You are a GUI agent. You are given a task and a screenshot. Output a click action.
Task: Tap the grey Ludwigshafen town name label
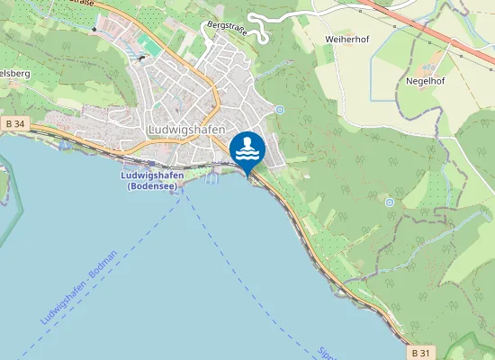(185, 130)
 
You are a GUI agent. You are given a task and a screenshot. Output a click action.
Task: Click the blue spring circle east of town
(280, 110)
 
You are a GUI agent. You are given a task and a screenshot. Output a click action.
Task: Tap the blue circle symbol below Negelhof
(389, 202)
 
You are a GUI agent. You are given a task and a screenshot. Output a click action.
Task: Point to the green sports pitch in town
(146, 42)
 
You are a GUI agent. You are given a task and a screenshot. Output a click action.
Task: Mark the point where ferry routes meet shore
(186, 190)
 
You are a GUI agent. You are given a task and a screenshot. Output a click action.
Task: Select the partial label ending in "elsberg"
(16, 71)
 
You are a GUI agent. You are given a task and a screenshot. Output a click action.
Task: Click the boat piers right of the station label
(211, 179)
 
